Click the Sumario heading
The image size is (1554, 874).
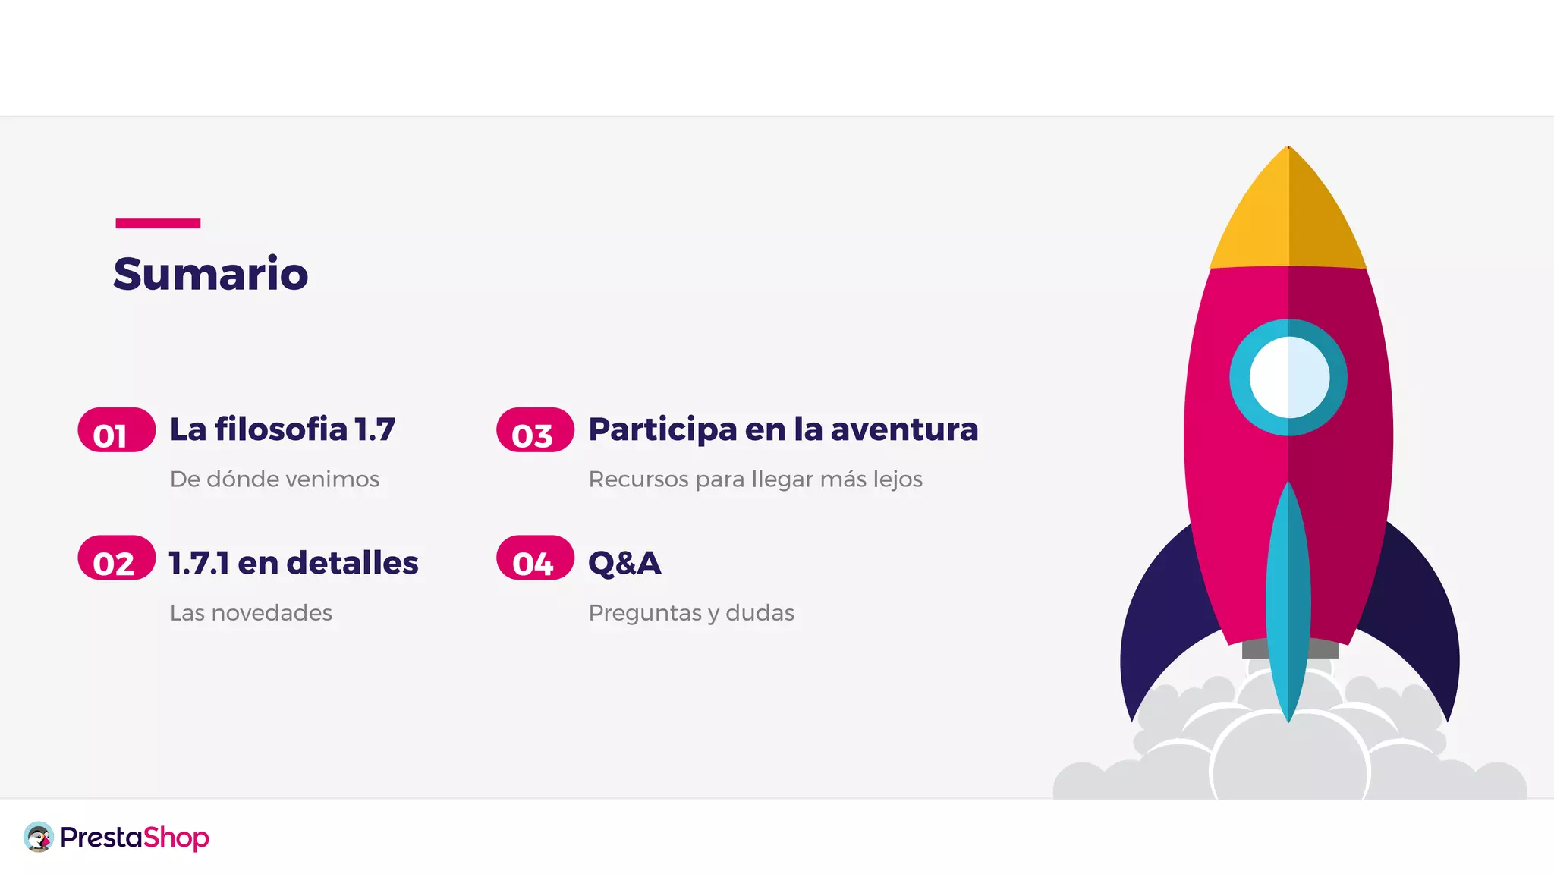[210, 274]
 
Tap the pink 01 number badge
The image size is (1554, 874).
[116, 430]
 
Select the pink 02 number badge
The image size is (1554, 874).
[116, 558]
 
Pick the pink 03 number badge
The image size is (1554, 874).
[535, 430]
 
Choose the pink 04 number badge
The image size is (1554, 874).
[535, 558]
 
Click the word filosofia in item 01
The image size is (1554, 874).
[281, 429]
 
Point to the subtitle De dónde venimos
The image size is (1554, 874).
[274, 479]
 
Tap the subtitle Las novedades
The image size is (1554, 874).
[250, 612]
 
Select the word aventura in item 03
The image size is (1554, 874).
[904, 429]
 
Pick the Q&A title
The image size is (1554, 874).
[624, 563]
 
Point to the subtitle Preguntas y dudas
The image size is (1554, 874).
[690, 612]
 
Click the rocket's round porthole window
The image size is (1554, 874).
[1288, 377]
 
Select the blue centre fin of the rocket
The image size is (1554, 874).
[1288, 599]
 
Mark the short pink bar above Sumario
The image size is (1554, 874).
[158, 223]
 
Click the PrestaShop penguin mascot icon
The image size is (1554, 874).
[39, 837]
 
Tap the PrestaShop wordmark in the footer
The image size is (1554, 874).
[134, 838]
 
